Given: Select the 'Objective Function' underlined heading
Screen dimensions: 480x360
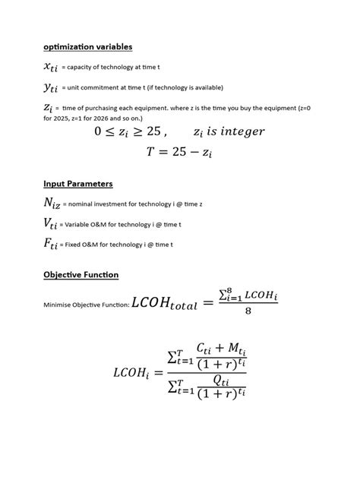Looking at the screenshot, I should (81, 274).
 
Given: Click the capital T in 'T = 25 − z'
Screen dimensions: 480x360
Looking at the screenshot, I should (151, 152).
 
